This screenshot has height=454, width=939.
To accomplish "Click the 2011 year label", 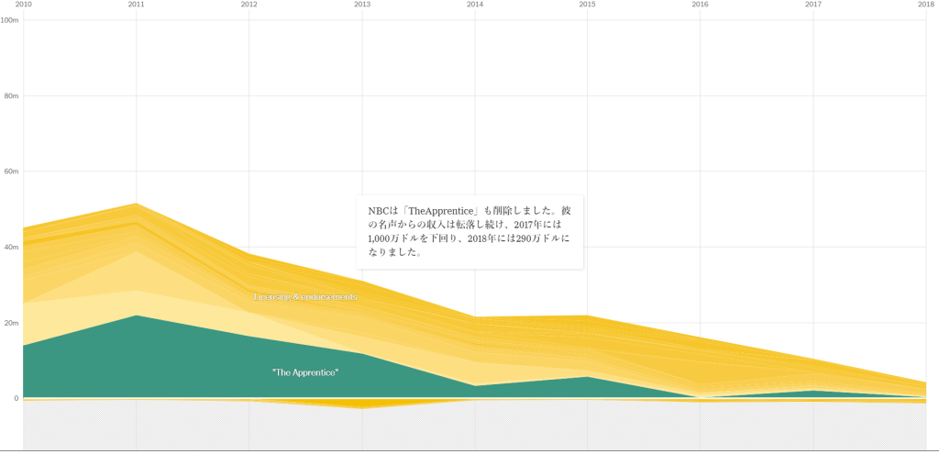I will [x=136, y=5].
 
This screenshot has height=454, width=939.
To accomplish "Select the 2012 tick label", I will [x=249, y=5].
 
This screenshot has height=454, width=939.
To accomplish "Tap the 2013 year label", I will [x=362, y=5].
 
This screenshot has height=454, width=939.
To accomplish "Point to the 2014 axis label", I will [x=475, y=5].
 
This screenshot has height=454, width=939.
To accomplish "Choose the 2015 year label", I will [x=588, y=5].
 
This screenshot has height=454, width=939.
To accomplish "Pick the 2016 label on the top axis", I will [x=701, y=5].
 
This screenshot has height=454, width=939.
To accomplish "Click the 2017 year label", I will [x=813, y=5].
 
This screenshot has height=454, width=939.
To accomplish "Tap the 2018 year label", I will [x=926, y=5].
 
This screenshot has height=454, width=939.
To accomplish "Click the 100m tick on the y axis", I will [x=10, y=20].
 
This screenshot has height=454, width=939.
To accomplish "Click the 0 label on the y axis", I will [x=15, y=398].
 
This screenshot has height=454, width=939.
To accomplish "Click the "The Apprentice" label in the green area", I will [x=305, y=372].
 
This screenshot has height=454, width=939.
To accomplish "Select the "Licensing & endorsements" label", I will [x=305, y=297].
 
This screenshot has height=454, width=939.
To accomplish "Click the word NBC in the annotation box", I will [x=379, y=211].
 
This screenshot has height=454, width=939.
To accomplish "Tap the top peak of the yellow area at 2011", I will [x=136, y=204].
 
